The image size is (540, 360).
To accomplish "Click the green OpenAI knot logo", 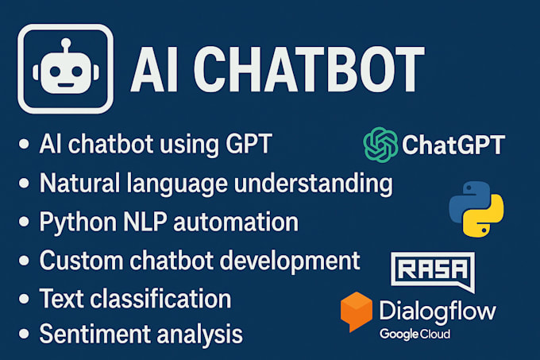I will (x=380, y=145).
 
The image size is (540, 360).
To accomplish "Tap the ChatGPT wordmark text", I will (x=453, y=145).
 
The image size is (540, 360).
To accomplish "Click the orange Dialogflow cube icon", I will (x=357, y=311).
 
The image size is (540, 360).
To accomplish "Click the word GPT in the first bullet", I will (x=250, y=145).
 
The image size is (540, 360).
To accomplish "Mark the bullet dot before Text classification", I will (x=24, y=298).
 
